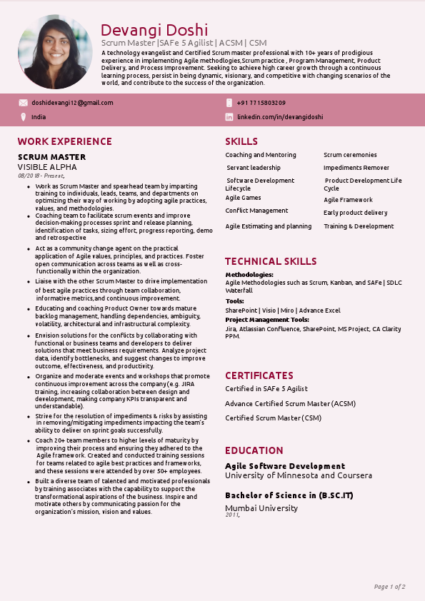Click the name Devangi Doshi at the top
[x=154, y=30]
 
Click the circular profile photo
[x=55, y=52]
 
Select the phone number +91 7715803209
[x=261, y=103]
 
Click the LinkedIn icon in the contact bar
[x=229, y=116]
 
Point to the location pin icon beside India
[x=23, y=116]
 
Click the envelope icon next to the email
[x=23, y=103]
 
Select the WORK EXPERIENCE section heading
[x=64, y=141]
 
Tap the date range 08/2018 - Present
[x=41, y=176]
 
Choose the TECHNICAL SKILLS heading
[x=271, y=261]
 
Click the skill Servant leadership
[x=254, y=168]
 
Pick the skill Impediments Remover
[x=356, y=168]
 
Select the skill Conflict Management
[x=256, y=211]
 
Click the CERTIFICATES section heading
[x=259, y=375]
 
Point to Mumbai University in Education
[x=261, y=508]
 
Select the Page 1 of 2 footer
[x=389, y=587]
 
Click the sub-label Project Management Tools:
[x=267, y=320]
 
